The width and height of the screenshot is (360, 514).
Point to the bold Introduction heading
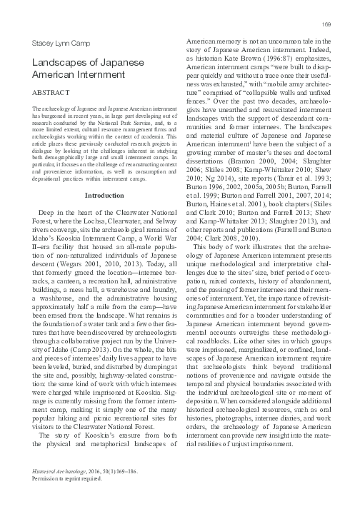pyautogui.click(x=104, y=194)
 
